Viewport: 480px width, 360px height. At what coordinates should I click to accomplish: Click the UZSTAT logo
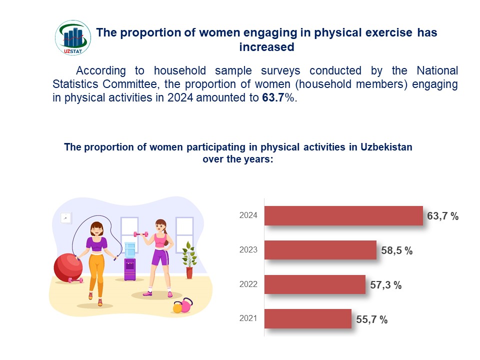coord(73,38)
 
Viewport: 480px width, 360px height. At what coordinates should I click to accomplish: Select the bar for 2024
coord(343,216)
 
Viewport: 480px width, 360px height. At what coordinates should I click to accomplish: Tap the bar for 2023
coord(320,250)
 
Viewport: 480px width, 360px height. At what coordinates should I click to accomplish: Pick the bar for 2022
coord(314,284)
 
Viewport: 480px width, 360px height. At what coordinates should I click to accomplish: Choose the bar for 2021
coord(307,319)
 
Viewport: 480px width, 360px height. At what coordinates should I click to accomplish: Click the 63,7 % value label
coord(443,216)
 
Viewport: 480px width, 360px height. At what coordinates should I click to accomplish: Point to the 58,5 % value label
coord(397,251)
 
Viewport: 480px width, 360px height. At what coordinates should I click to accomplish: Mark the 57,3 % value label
coord(386,285)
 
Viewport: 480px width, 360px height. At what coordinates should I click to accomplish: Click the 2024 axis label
coord(248,215)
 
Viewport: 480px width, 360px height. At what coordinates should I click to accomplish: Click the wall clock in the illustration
coord(65,217)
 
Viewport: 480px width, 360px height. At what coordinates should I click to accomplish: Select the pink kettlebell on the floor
coord(186,305)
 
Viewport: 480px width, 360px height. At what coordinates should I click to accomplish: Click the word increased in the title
coord(266,47)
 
